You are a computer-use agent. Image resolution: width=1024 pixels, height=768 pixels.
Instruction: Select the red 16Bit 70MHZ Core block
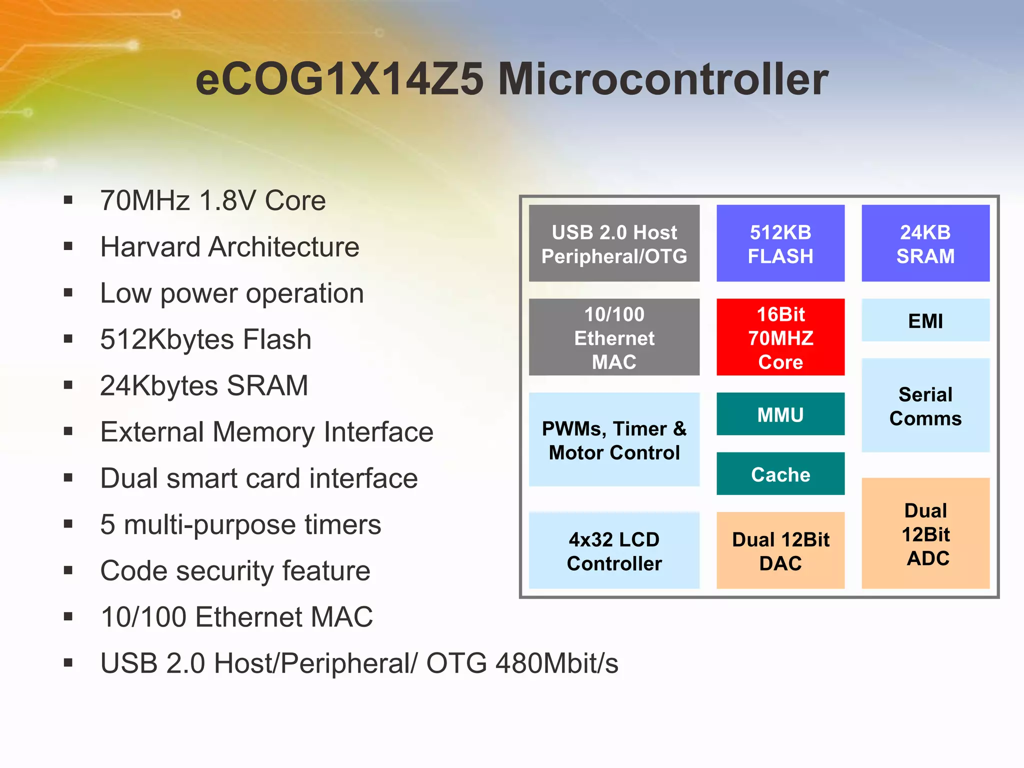(780, 337)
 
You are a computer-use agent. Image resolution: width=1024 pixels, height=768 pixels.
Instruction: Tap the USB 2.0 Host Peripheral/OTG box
(614, 243)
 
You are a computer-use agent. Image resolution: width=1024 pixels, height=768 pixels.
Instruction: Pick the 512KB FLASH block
(780, 243)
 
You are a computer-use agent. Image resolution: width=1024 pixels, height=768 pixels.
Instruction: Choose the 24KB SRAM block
(925, 243)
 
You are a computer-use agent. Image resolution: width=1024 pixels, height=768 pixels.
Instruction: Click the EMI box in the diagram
(925, 320)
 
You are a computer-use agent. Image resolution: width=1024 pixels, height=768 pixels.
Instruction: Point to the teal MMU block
(780, 414)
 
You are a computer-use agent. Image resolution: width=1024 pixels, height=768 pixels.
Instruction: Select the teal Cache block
(780, 474)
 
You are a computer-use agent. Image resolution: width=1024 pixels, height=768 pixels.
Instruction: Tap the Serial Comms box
(925, 405)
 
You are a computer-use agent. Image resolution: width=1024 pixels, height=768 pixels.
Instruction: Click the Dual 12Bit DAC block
(780, 550)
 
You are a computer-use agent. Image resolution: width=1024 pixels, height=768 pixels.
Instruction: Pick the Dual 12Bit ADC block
(925, 533)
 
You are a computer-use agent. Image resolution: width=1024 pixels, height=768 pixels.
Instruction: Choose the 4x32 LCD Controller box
(614, 550)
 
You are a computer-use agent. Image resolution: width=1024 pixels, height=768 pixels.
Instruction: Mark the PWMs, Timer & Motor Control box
(614, 440)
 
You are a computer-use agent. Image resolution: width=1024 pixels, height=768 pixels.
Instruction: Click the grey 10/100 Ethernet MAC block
(614, 337)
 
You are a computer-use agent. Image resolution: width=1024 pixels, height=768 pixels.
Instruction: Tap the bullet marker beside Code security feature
(68, 570)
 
